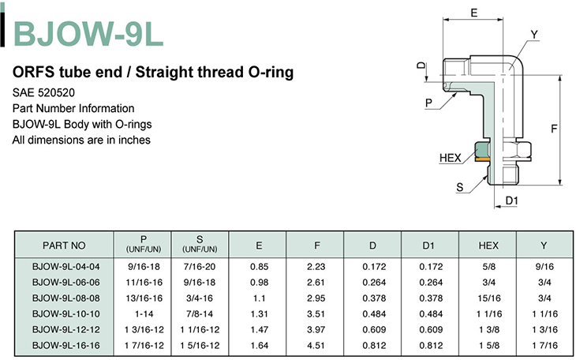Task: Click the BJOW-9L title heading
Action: (x=88, y=33)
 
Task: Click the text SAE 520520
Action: (x=43, y=92)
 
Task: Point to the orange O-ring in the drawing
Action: (x=482, y=159)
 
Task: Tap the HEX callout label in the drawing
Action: (x=450, y=158)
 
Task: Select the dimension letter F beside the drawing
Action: (x=554, y=129)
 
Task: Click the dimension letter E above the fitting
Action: (x=474, y=13)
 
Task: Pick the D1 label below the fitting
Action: (x=512, y=201)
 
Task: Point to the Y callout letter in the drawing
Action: (x=534, y=35)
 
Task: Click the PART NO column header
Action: (x=64, y=246)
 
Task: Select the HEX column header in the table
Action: (x=488, y=246)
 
